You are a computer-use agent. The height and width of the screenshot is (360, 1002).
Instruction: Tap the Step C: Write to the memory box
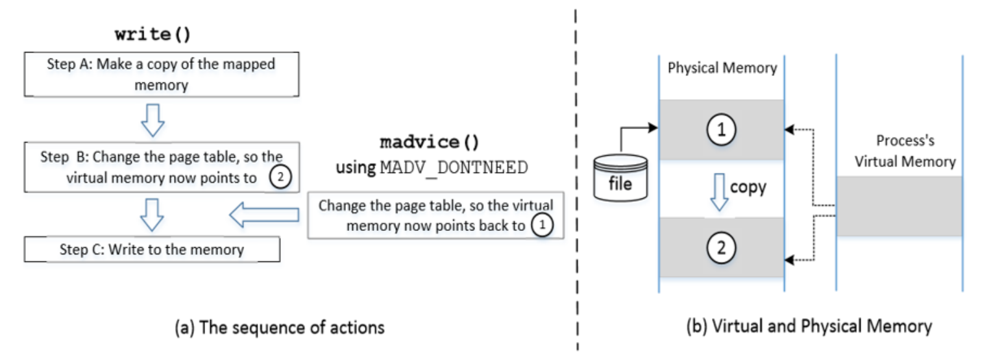coord(152,249)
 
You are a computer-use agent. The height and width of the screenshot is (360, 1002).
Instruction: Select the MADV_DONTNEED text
coord(453,167)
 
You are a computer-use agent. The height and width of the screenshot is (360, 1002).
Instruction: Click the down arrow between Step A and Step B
coord(152,121)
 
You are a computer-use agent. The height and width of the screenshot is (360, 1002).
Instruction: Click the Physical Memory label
coord(722,68)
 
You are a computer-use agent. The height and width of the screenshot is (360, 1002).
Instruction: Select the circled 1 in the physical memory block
coord(722,129)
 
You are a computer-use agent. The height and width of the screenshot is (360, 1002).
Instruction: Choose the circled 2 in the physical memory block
coord(722,246)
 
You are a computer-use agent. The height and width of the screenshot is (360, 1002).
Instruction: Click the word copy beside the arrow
coord(748,187)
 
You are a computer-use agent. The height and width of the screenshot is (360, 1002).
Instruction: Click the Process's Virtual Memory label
coord(899,151)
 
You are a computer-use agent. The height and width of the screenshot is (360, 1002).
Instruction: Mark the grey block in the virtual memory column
coord(899,206)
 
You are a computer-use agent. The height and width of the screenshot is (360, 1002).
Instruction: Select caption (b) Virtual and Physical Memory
coord(809,326)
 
